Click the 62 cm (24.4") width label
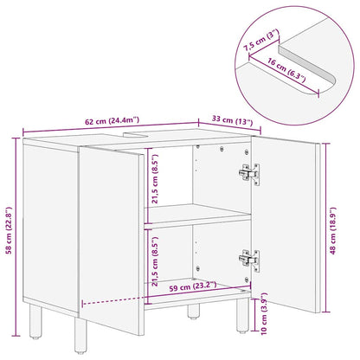pos(112,121)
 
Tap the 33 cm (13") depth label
pos(232,120)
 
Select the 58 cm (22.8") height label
pos(10,230)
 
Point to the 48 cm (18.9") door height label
pos(333,230)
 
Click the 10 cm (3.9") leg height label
pos(264,313)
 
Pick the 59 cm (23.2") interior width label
pos(193,286)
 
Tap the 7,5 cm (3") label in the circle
pos(260,40)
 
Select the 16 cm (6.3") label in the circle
pos(286,71)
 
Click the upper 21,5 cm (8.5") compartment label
pos(155,178)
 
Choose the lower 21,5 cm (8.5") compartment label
pos(155,261)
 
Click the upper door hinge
pos(249,174)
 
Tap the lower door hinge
pos(249,260)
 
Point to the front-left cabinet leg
pos(80,336)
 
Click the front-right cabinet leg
pos(242,315)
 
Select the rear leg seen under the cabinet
pos(193,312)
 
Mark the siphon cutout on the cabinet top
pos(136,134)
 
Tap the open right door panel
pos(286,224)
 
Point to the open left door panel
pos(112,241)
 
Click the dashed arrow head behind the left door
pos(83,303)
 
